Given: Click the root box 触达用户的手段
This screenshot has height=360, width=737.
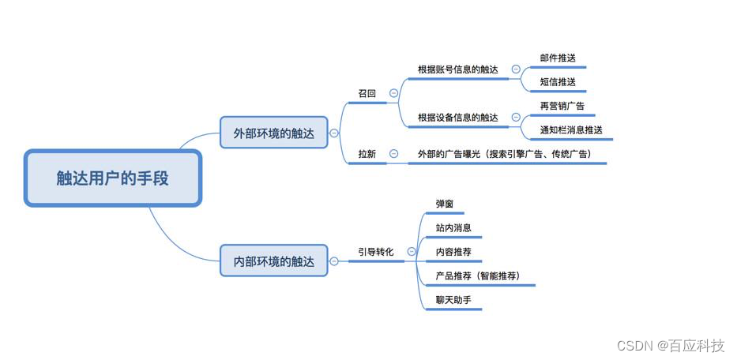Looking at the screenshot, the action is [x=113, y=178].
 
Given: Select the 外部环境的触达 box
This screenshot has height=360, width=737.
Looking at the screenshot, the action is [x=273, y=133].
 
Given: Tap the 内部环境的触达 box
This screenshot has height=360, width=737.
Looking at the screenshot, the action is [x=273, y=261].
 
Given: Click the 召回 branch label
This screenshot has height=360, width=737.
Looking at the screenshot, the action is [x=367, y=93].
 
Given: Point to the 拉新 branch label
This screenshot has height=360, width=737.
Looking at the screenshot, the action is [x=367, y=154].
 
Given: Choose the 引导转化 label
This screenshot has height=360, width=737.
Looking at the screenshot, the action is [x=376, y=251].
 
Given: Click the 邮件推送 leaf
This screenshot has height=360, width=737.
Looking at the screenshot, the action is [x=558, y=58].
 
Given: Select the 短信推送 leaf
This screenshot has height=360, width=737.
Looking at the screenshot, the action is [x=558, y=82].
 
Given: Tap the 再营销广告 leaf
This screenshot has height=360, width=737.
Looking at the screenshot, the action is [x=562, y=106].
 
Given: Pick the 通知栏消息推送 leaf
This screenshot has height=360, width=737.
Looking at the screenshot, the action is [x=571, y=130].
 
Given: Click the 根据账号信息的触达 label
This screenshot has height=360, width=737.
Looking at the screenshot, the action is [x=458, y=69].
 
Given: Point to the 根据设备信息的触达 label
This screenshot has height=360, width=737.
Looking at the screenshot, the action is [x=458, y=118].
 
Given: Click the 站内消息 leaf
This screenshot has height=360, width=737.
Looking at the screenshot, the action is [x=453, y=228].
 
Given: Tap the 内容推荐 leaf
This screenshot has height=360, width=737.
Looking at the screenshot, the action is [x=453, y=252].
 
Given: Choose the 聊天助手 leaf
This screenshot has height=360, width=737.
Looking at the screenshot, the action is [x=453, y=300].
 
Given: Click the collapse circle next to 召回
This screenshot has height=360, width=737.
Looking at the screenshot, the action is [x=394, y=93].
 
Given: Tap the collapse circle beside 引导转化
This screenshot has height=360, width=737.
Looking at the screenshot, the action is [x=412, y=251].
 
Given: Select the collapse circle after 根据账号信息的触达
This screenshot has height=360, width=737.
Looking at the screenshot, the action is [x=516, y=69].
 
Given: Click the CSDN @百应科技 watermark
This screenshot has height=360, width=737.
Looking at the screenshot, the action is [x=671, y=347].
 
